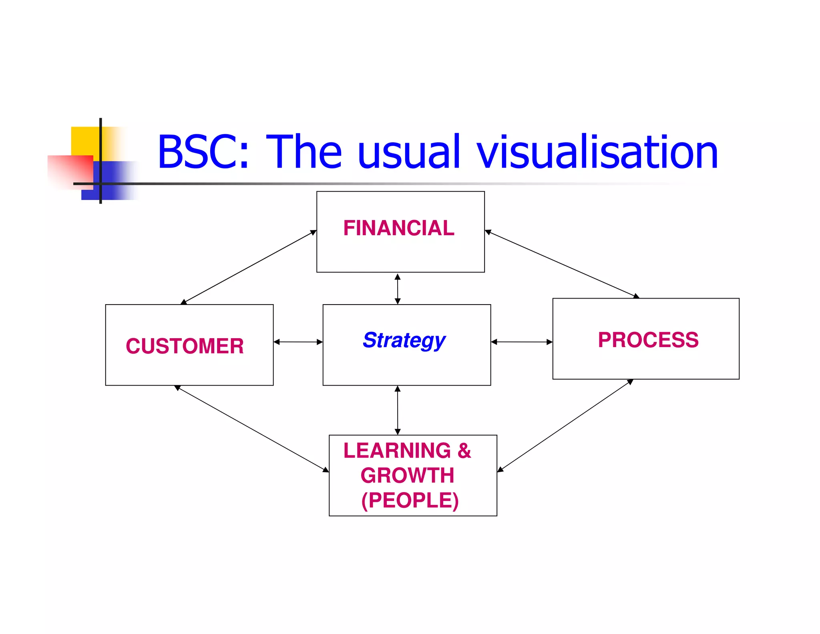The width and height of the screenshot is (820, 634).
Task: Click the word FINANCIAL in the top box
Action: pos(399,228)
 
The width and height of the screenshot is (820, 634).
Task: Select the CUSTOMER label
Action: pos(185,346)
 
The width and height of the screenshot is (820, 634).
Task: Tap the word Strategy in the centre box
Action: pos(404,340)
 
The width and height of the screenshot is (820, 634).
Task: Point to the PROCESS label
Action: pos(648,340)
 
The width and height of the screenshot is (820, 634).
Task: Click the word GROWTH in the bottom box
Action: pos(407,476)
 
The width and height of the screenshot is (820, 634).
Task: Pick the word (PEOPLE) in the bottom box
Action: pos(410,501)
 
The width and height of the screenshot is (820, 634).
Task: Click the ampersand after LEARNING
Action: pos(464,450)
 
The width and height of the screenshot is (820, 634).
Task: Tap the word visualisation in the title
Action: pos(597,152)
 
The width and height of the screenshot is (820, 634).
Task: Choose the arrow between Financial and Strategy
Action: pos(398,289)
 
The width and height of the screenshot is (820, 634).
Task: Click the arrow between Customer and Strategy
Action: pos(298,342)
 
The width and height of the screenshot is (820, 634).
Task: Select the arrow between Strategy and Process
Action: pos(522,342)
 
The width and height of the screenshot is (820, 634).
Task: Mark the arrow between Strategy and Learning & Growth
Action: pos(398,410)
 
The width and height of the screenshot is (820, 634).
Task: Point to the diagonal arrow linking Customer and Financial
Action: pos(249,267)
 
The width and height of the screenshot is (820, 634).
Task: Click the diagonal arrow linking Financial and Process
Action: pos(562,265)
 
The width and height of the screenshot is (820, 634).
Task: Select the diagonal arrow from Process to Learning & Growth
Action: pos(565,426)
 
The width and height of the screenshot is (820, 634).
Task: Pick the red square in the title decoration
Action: pos(70,170)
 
